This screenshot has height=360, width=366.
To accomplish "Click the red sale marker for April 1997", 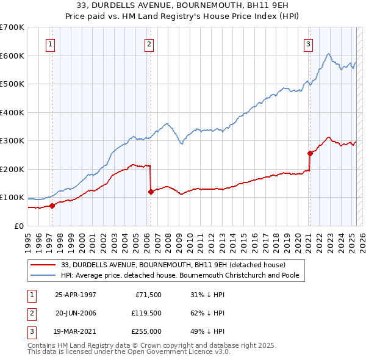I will pos(52,206).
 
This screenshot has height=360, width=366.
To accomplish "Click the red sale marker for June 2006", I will pos(151,192).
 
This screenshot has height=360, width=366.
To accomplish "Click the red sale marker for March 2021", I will pos(310,153).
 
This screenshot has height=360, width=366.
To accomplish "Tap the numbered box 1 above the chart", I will pos(50,43).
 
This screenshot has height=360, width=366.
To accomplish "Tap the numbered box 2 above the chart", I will pos(149,43).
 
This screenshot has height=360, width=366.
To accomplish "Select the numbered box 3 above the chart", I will pos(309,43).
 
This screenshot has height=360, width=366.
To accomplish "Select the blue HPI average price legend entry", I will pos(183,275).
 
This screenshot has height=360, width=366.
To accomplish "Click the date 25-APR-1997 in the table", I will pos(76,295).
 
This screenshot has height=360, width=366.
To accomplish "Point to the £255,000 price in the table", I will pos(146,333).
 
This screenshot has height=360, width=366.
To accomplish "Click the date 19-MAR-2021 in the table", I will pos(76,333).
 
